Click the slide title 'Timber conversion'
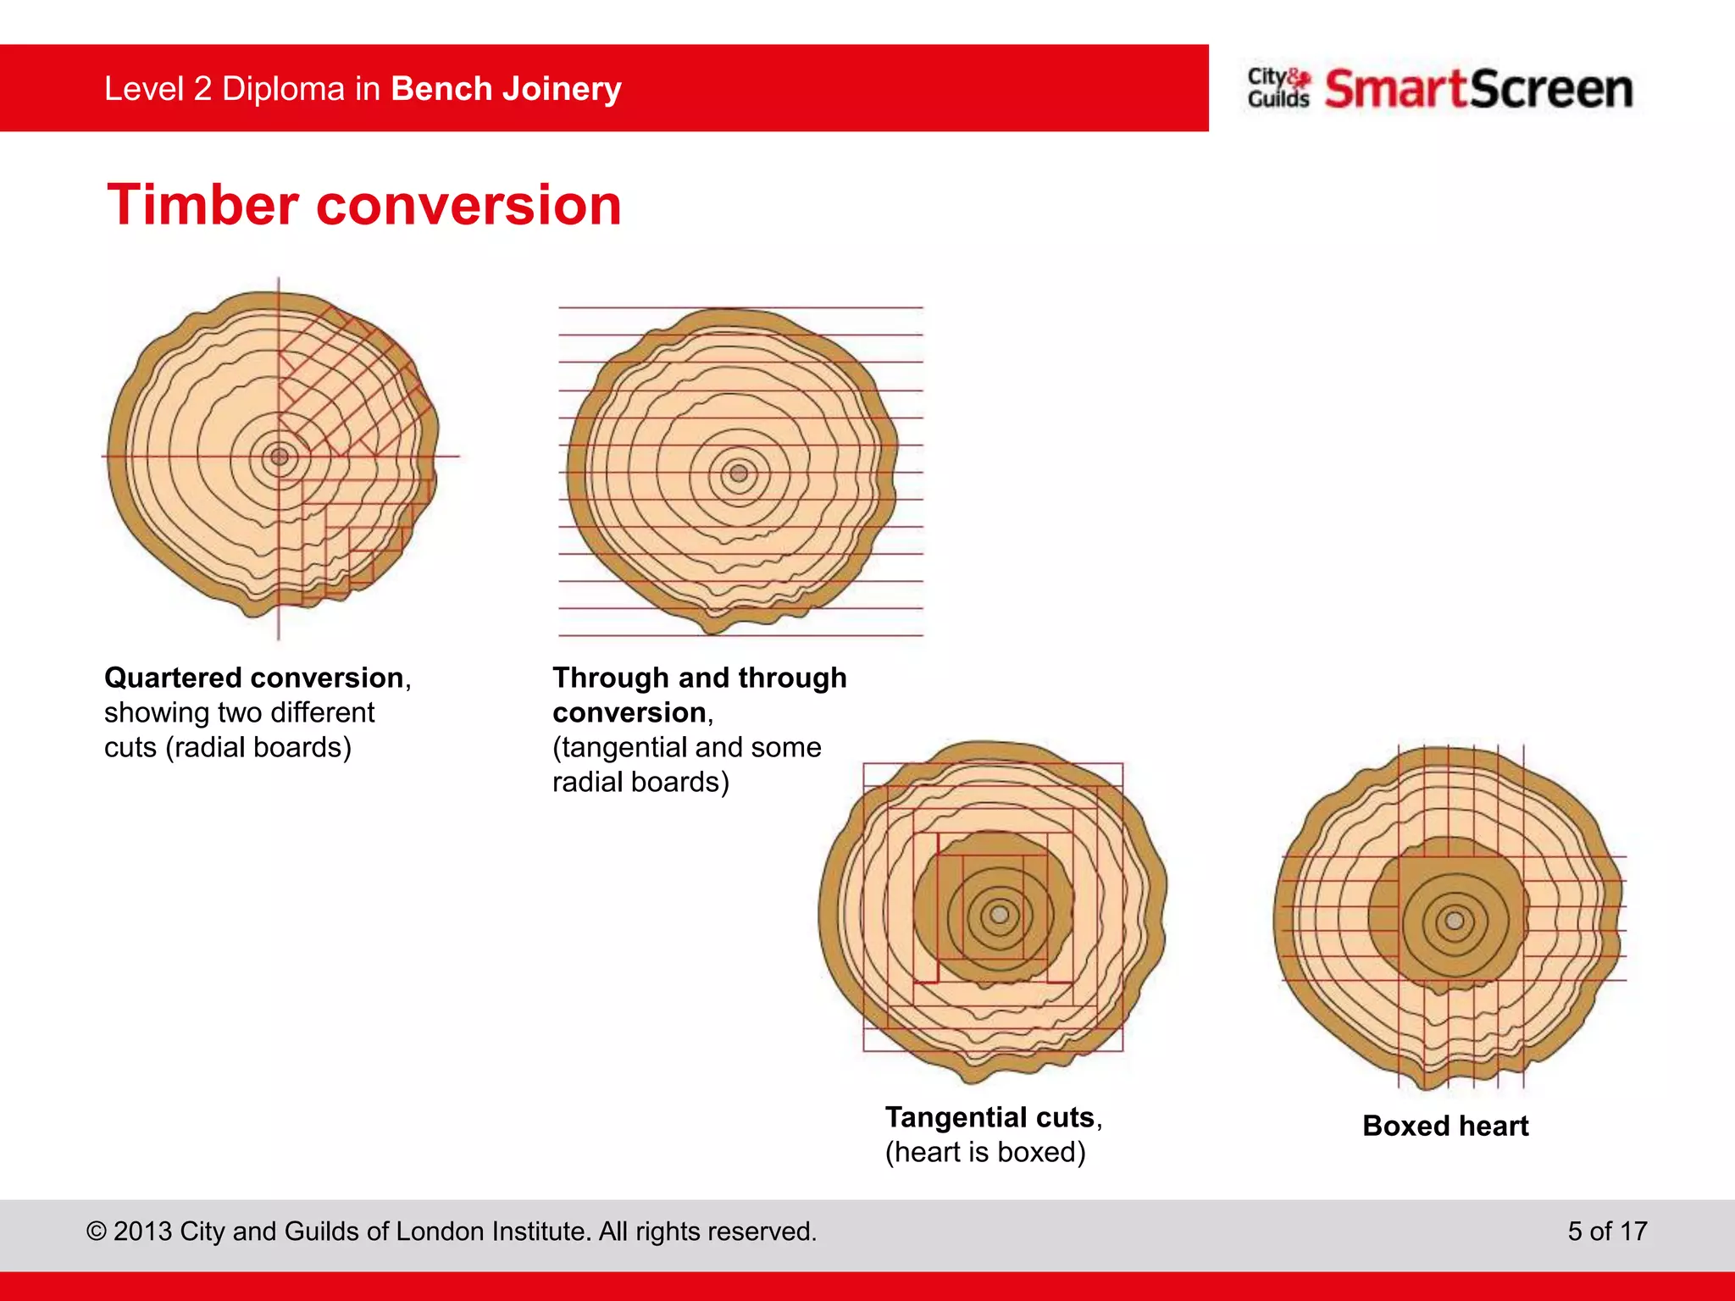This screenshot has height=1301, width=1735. (364, 206)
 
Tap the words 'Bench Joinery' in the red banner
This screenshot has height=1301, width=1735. (506, 89)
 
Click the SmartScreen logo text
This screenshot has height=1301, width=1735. (1478, 89)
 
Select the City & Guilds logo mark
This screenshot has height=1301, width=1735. (1278, 88)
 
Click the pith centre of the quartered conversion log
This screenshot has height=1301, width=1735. (279, 457)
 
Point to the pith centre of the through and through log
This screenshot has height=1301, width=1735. (739, 473)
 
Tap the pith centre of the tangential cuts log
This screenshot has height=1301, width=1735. (1000, 915)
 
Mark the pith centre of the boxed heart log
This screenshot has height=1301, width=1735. (1455, 921)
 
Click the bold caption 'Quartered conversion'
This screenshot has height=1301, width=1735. (253, 678)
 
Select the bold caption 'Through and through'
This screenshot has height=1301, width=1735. (699, 678)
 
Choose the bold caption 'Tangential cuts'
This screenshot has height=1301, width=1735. (989, 1117)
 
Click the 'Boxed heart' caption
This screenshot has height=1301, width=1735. (1445, 1126)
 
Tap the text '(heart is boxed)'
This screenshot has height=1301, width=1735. (985, 1152)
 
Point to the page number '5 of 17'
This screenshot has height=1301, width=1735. (1607, 1231)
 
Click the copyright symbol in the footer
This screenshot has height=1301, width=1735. (97, 1232)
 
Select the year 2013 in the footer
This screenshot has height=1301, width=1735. (142, 1231)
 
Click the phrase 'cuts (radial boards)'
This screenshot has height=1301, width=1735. (227, 747)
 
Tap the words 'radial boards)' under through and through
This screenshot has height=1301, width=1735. (640, 782)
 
